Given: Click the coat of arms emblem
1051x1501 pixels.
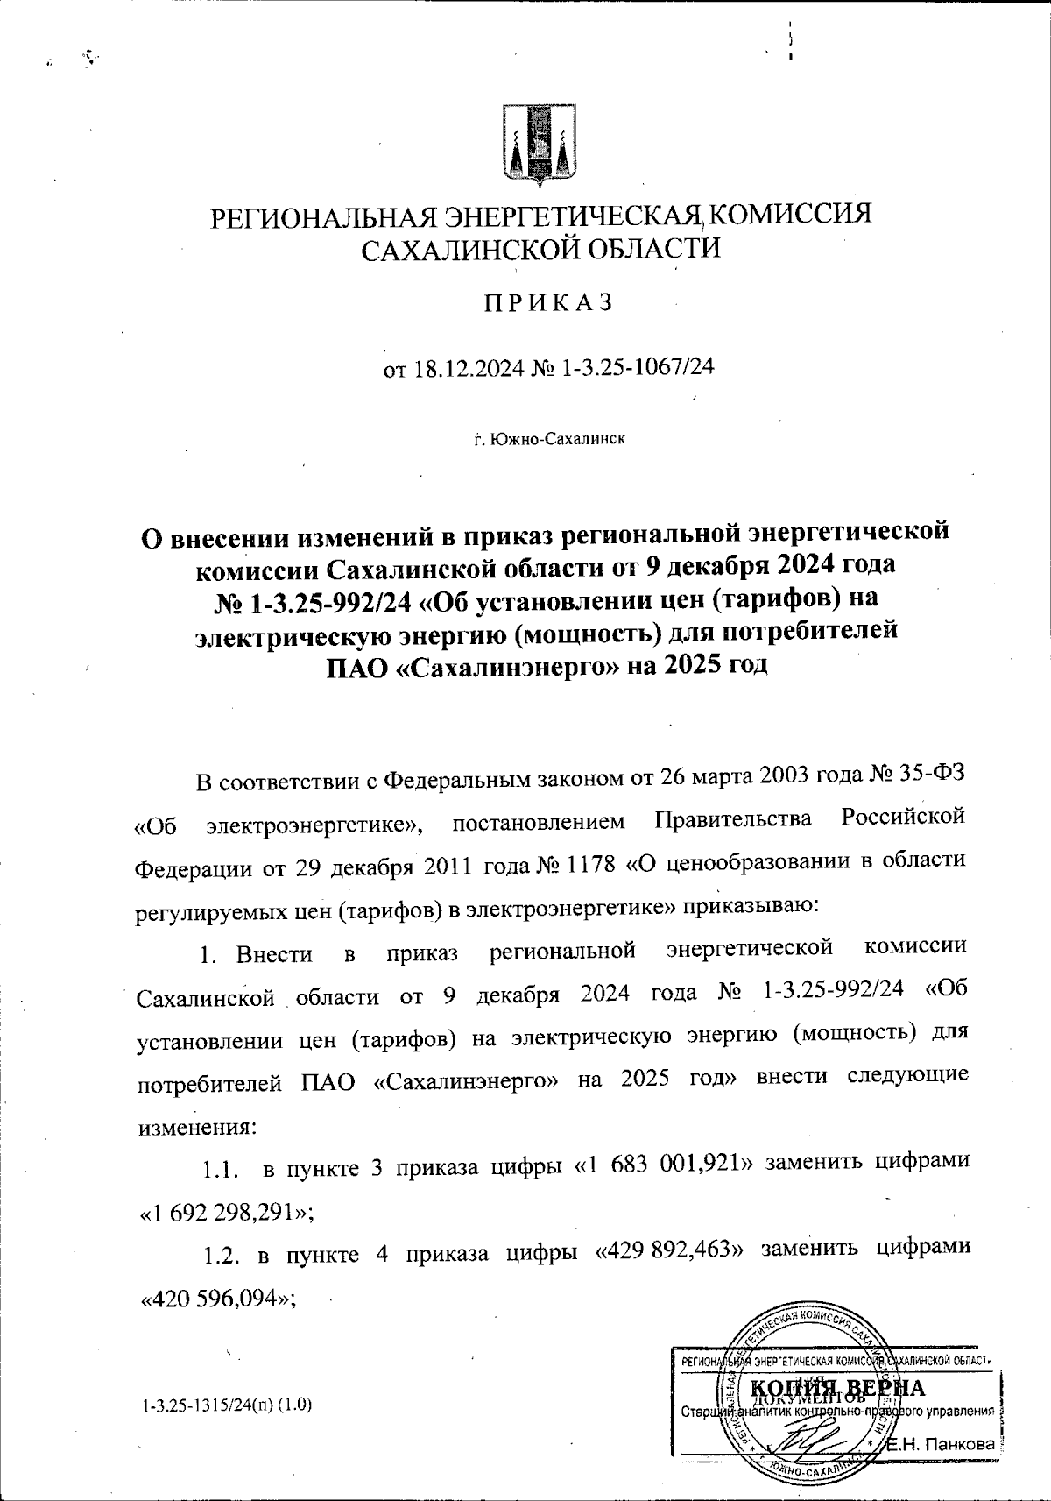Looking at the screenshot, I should click(x=539, y=146).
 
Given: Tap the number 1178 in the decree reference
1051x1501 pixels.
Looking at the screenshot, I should click(x=595, y=861).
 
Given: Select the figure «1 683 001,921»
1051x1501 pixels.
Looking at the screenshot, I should click(x=667, y=1163).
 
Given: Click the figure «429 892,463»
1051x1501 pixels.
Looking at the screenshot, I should click(x=670, y=1255).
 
